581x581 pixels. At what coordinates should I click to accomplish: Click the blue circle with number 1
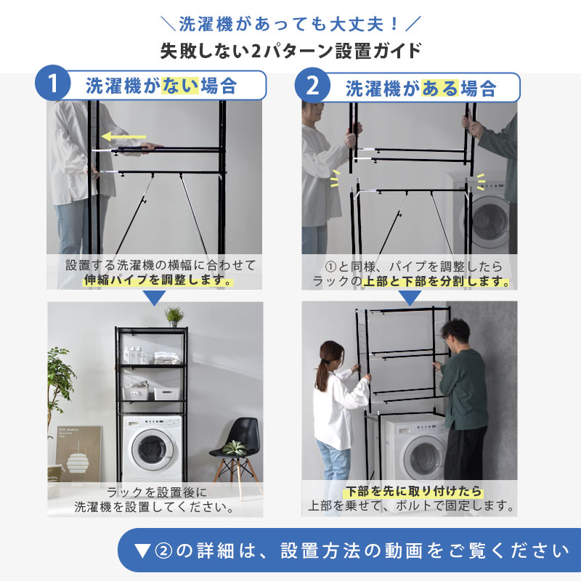(x=52, y=83)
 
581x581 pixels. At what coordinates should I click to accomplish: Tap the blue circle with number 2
(x=312, y=85)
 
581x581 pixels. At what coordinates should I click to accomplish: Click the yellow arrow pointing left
(x=123, y=137)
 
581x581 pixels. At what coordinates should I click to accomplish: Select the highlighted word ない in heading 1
(x=180, y=86)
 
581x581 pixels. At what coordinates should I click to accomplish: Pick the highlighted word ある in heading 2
(x=440, y=89)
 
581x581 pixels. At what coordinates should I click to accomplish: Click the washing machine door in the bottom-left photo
(x=152, y=450)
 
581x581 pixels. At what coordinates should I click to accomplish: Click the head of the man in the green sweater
(x=455, y=333)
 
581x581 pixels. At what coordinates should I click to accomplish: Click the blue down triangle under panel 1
(x=154, y=298)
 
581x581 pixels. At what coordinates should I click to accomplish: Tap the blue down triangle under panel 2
(x=410, y=298)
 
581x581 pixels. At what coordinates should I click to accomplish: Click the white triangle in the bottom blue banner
(x=142, y=551)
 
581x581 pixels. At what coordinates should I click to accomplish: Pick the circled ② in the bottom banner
(x=163, y=551)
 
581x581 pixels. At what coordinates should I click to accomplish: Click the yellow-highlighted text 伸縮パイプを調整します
(x=158, y=280)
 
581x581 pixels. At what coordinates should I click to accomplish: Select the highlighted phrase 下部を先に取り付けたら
(x=413, y=492)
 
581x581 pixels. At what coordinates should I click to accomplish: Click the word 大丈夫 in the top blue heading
(x=357, y=24)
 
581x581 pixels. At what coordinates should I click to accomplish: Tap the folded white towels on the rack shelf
(x=167, y=358)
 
